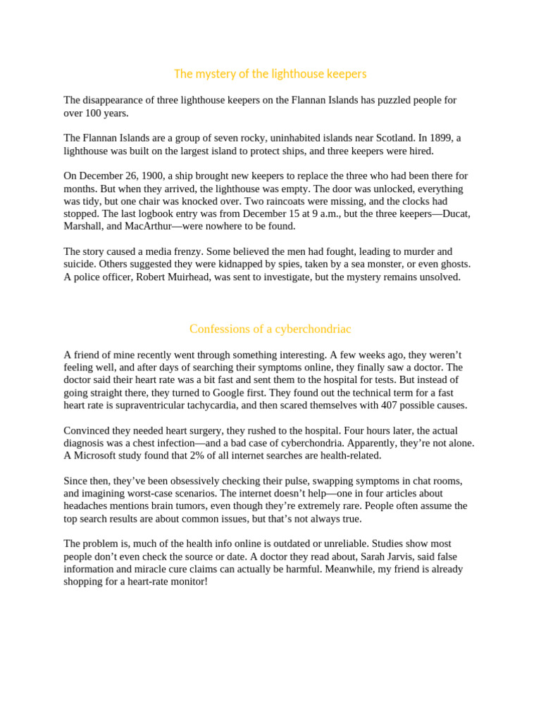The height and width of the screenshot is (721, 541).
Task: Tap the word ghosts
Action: (454, 265)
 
